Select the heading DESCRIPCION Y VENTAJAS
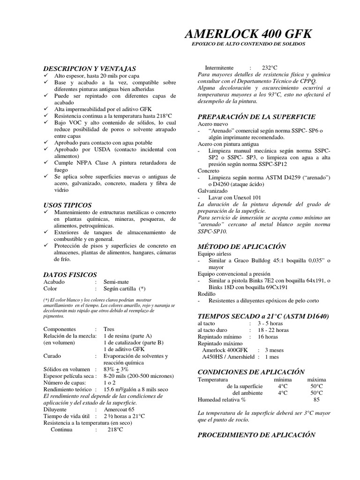[90, 68]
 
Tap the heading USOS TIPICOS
[67, 205]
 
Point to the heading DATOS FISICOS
[70, 274]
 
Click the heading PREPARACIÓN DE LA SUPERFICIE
[256, 116]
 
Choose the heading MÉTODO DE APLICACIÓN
[242, 246]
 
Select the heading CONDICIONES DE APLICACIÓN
[251, 371]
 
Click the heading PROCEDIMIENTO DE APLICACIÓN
[256, 435]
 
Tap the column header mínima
[282, 379]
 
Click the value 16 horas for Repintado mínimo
[268, 337]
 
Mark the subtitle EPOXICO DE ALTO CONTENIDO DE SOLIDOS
[248, 44]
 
